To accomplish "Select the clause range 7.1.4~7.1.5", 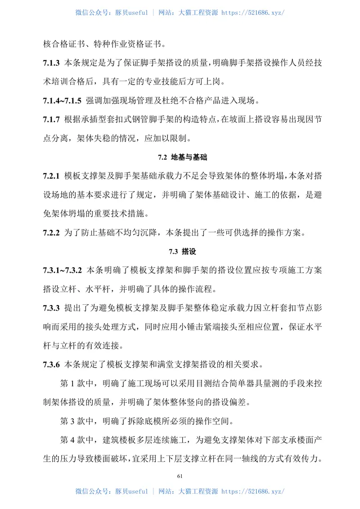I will [x=62, y=99].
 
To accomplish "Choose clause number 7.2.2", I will [x=52, y=233].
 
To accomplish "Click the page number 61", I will [x=180, y=476].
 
